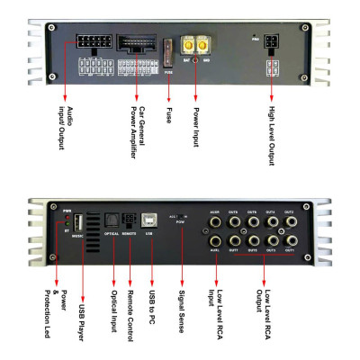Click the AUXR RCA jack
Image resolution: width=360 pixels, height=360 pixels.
coord(216,221)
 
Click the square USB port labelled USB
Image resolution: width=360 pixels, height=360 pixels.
coord(150,221)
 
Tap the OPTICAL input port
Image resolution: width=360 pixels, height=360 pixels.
coord(111,220)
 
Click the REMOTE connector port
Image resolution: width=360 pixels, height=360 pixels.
coord(130,220)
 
